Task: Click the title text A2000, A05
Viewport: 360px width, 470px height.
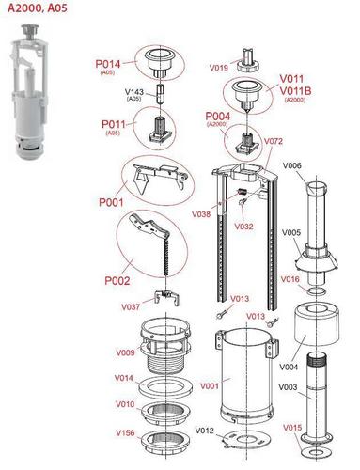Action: (x=38, y=8)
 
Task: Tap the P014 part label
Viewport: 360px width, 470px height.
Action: (x=108, y=64)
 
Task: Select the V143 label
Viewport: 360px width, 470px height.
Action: (x=134, y=92)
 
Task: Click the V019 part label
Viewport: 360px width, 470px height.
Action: (x=219, y=68)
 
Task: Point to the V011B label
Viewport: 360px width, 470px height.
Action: (x=295, y=91)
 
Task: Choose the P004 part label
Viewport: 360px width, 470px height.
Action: (x=218, y=117)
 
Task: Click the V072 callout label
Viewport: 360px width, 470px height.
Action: (x=274, y=141)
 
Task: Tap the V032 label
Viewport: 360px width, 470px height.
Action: (x=243, y=227)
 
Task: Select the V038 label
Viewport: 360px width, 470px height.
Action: (x=201, y=214)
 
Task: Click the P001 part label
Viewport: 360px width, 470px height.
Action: (x=111, y=202)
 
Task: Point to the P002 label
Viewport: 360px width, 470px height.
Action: (x=117, y=281)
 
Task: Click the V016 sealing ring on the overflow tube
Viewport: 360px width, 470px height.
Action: (x=317, y=292)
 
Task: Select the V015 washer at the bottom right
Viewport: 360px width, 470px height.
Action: (x=317, y=452)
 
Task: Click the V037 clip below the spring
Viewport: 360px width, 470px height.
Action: (x=167, y=298)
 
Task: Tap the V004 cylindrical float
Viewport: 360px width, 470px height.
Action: (x=317, y=324)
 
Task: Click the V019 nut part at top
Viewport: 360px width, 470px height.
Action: (x=247, y=60)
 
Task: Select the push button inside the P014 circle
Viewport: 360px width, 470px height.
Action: (x=160, y=63)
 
